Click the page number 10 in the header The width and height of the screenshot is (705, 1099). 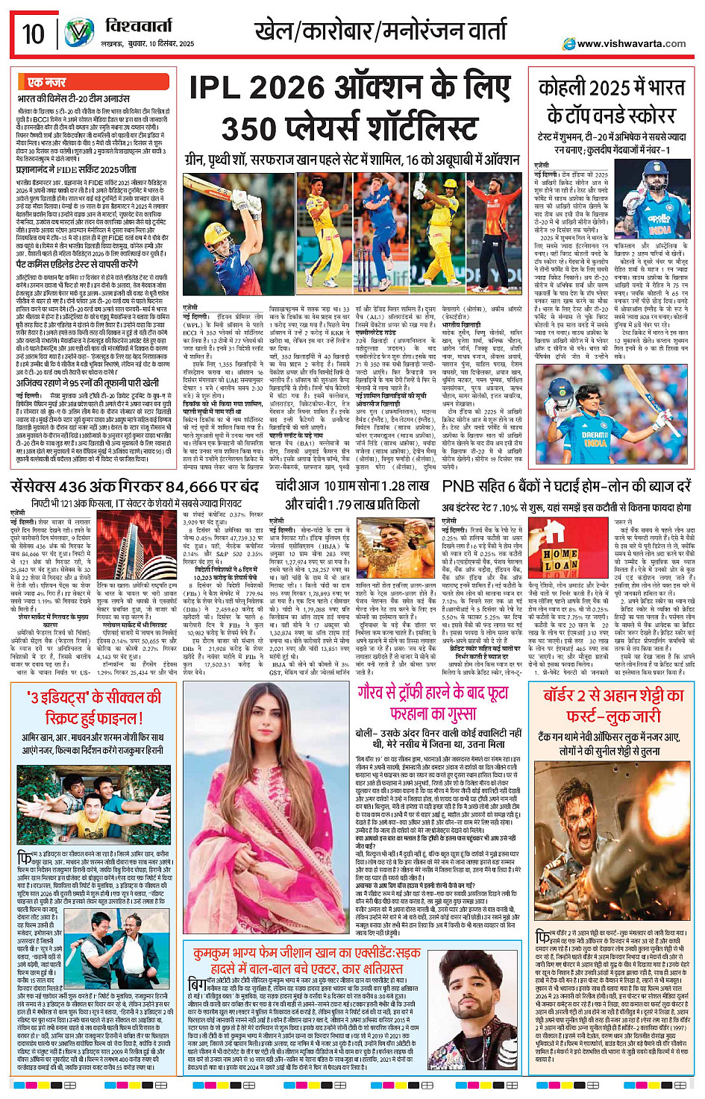(34, 34)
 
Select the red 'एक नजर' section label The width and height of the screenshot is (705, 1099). (46, 82)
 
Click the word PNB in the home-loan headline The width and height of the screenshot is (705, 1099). (459, 486)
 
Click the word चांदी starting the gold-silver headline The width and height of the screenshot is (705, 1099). (297, 485)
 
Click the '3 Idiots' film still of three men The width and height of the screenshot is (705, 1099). (91, 813)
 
